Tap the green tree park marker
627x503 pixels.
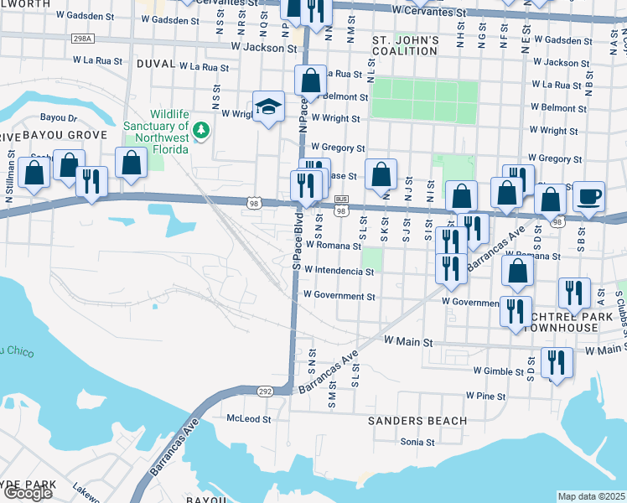click(x=201, y=130)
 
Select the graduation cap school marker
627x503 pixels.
click(x=269, y=107)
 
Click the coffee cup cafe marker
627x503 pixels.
click(x=588, y=196)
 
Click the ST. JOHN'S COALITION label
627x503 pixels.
click(x=405, y=47)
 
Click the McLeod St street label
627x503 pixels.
click(x=249, y=418)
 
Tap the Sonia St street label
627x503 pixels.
click(x=417, y=442)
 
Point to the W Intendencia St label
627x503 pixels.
click(x=339, y=271)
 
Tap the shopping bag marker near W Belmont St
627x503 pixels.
click(x=310, y=81)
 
